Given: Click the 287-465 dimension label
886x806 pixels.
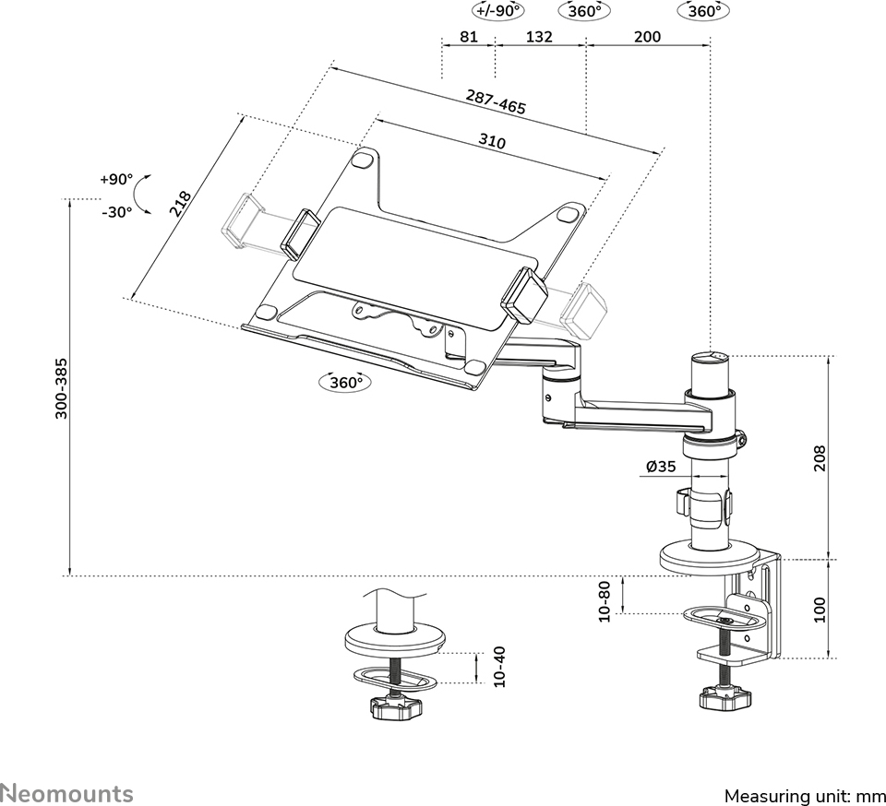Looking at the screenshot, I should [497, 101].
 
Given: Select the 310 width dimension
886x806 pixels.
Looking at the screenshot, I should [492, 143].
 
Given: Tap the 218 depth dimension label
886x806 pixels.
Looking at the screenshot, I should [181, 203].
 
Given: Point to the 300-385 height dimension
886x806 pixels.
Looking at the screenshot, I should [61, 387].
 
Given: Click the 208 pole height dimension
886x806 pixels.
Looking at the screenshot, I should [820, 458].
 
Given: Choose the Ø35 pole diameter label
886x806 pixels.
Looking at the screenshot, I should [663, 468].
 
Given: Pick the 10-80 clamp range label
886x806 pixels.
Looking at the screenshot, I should [605, 600].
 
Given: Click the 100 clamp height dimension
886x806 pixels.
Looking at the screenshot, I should [820, 610].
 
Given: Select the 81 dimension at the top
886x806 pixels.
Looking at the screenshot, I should [468, 37].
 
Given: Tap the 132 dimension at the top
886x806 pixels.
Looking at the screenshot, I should [539, 37].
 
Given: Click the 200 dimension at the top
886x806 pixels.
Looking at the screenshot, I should [648, 37].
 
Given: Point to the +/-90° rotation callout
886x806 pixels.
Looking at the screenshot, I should [497, 11].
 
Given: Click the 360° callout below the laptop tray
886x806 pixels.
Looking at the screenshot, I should [342, 382].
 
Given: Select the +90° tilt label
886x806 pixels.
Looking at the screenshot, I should [117, 179].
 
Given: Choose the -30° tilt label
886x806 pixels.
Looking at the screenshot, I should [117, 211].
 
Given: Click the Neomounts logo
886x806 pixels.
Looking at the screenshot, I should [67, 793].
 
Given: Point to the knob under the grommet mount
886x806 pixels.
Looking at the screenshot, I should [395, 709].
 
